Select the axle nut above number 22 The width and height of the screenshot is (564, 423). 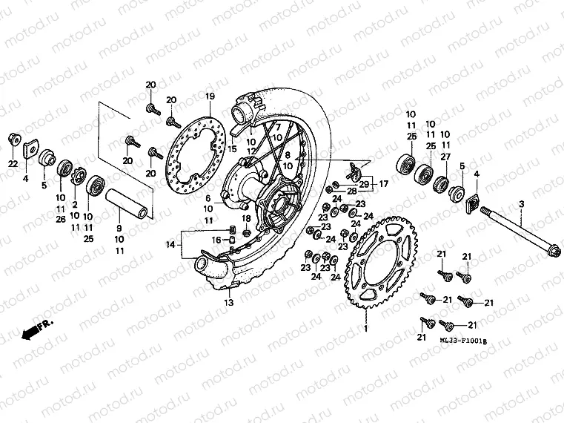click(x=13, y=140)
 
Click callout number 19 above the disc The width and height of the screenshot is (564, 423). click(x=210, y=96)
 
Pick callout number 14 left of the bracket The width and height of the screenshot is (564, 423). click(x=170, y=243)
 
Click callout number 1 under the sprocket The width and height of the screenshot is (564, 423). click(x=365, y=327)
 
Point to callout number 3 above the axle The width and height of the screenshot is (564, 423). click(x=521, y=204)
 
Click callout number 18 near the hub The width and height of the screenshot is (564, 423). click(x=246, y=217)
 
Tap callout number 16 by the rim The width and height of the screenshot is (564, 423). click(x=217, y=240)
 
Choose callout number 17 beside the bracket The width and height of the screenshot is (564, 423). click(x=383, y=183)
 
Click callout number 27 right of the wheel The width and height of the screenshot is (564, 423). click(x=445, y=157)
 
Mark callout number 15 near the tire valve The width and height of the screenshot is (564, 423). click(x=233, y=149)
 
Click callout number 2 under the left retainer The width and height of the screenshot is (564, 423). click(x=75, y=204)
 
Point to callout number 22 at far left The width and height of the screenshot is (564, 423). click(x=13, y=163)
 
